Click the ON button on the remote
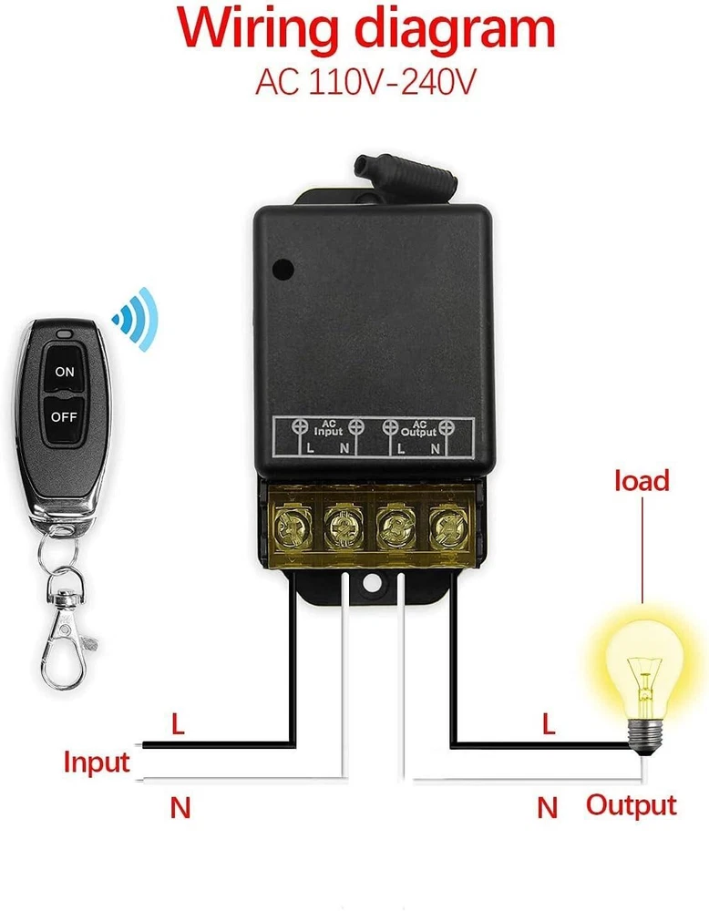click(64, 371)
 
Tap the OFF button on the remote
click(63, 416)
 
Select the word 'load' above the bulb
click(642, 480)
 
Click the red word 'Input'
click(97, 762)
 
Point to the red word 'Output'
click(631, 804)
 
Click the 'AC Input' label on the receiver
click(328, 427)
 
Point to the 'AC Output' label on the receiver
click(419, 427)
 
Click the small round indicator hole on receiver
click(283, 270)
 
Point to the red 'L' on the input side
click(179, 726)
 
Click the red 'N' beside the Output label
click(547, 806)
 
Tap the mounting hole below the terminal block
click(373, 579)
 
